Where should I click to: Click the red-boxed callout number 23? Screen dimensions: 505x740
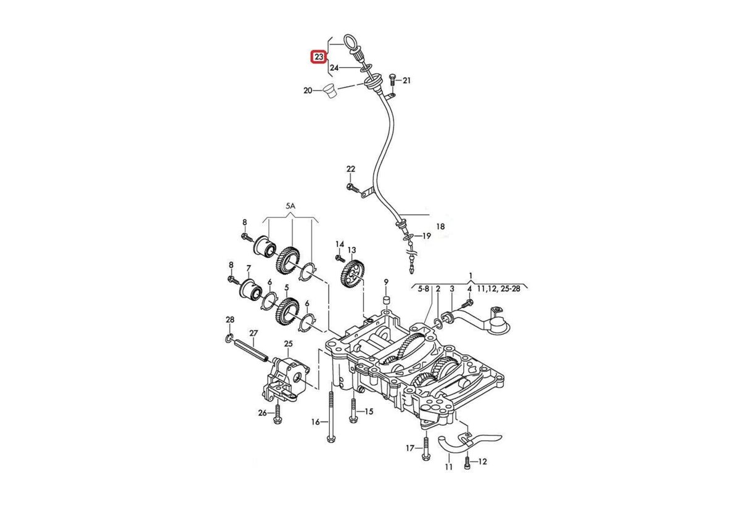coord(318,57)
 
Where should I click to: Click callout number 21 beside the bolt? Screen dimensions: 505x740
coord(406,81)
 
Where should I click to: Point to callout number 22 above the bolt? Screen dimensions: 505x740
coord(351,169)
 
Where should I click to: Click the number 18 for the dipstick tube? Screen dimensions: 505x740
coord(440,227)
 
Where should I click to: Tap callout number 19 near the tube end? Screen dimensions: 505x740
coord(427,236)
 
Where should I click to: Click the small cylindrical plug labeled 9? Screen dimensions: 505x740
coord(387,301)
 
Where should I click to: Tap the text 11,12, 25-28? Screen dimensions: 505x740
coord(498,288)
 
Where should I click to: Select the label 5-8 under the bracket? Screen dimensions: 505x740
coord(424,288)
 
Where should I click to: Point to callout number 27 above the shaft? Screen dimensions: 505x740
coord(253,333)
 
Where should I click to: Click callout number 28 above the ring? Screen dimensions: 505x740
coord(230,320)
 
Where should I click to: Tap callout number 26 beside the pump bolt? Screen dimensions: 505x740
coord(262,413)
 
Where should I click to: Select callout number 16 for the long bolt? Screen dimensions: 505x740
coord(316,422)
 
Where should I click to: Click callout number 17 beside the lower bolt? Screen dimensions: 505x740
coord(409,448)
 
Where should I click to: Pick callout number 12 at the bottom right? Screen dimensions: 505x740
coord(482,461)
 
